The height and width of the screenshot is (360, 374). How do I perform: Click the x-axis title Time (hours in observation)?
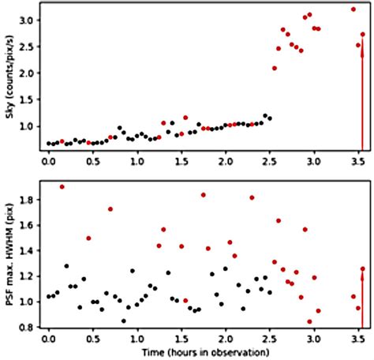coord(204,351)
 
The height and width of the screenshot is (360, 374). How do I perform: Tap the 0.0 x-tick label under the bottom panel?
coord(49,338)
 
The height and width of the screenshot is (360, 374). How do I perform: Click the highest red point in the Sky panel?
coord(353,9)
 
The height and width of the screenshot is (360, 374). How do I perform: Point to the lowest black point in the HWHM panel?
coord(123,321)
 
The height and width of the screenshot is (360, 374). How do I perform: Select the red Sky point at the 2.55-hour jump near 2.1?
coord(275,68)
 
